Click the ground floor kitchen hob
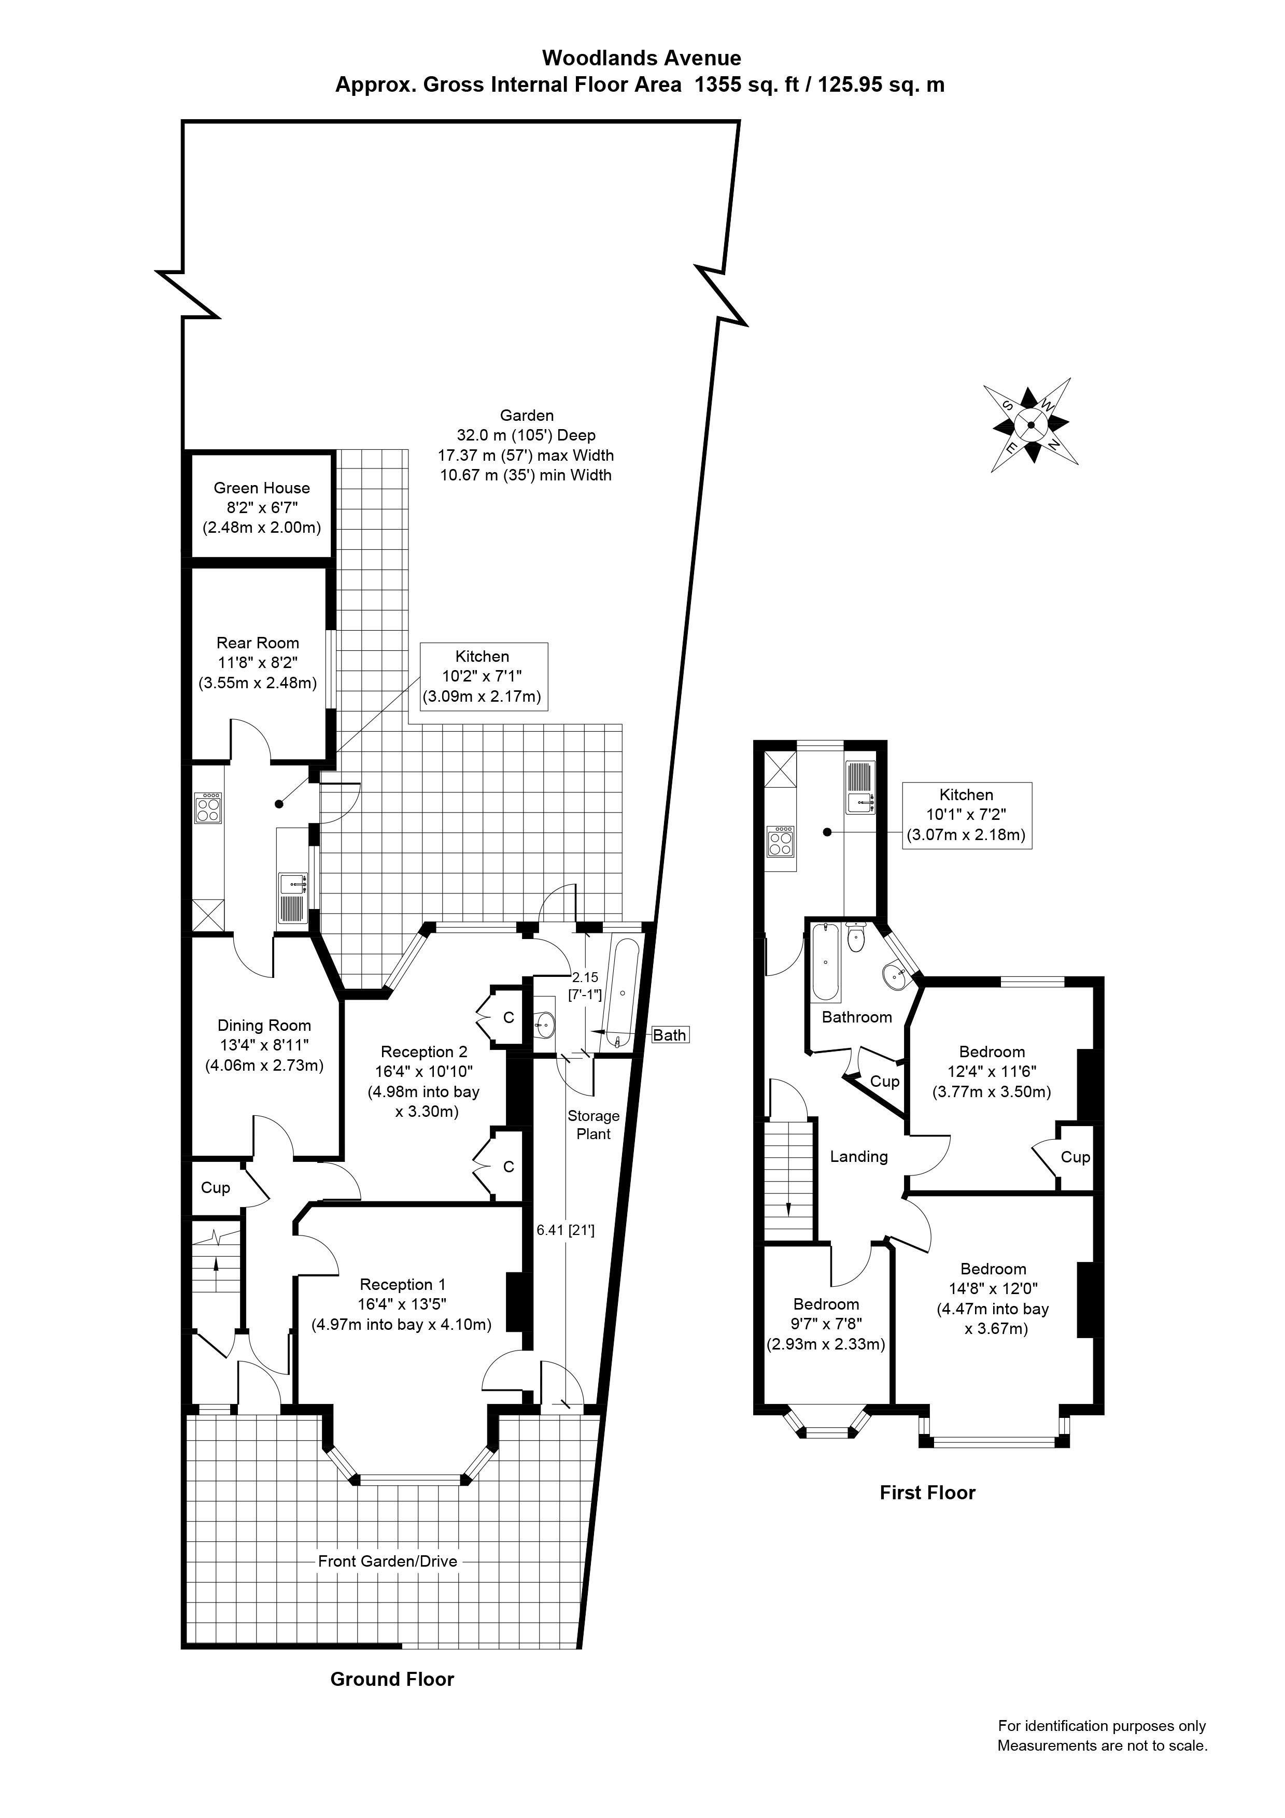209,807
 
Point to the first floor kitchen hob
780,841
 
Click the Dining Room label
264,1026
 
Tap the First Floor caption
927,1493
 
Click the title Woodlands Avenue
641,58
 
